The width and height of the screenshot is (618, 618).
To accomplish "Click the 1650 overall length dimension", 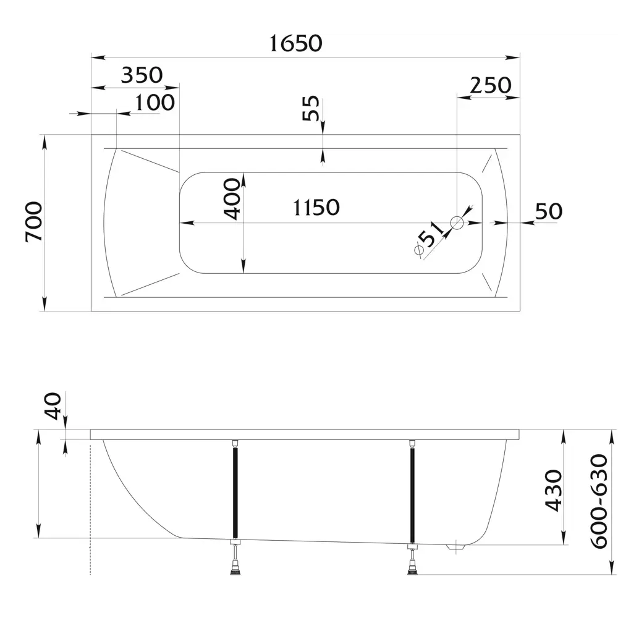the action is click(295, 43).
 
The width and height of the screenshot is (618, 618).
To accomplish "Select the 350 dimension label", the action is click(142, 75).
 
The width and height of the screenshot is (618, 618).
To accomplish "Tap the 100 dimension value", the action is click(154, 103).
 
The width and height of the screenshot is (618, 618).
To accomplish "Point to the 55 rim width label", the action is click(310, 108).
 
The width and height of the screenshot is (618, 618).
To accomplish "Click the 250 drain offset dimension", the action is click(491, 85).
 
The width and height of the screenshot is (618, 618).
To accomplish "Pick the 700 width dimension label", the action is click(33, 221).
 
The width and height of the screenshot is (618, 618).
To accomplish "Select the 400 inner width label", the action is click(232, 198).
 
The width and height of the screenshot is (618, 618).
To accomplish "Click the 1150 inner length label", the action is click(316, 207).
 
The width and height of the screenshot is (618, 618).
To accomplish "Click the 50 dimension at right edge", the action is click(549, 211).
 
